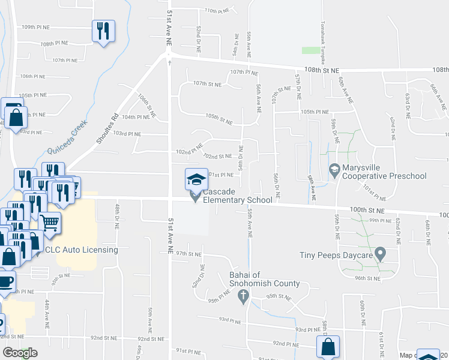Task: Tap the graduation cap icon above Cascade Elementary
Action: click(x=195, y=179)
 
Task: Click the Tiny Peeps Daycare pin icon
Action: click(x=380, y=255)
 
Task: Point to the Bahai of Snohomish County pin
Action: click(x=243, y=295)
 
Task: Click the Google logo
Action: click(x=20, y=353)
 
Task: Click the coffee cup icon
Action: click(x=5, y=281)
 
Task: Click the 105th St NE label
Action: click(x=218, y=120)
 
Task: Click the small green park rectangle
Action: click(x=311, y=50)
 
